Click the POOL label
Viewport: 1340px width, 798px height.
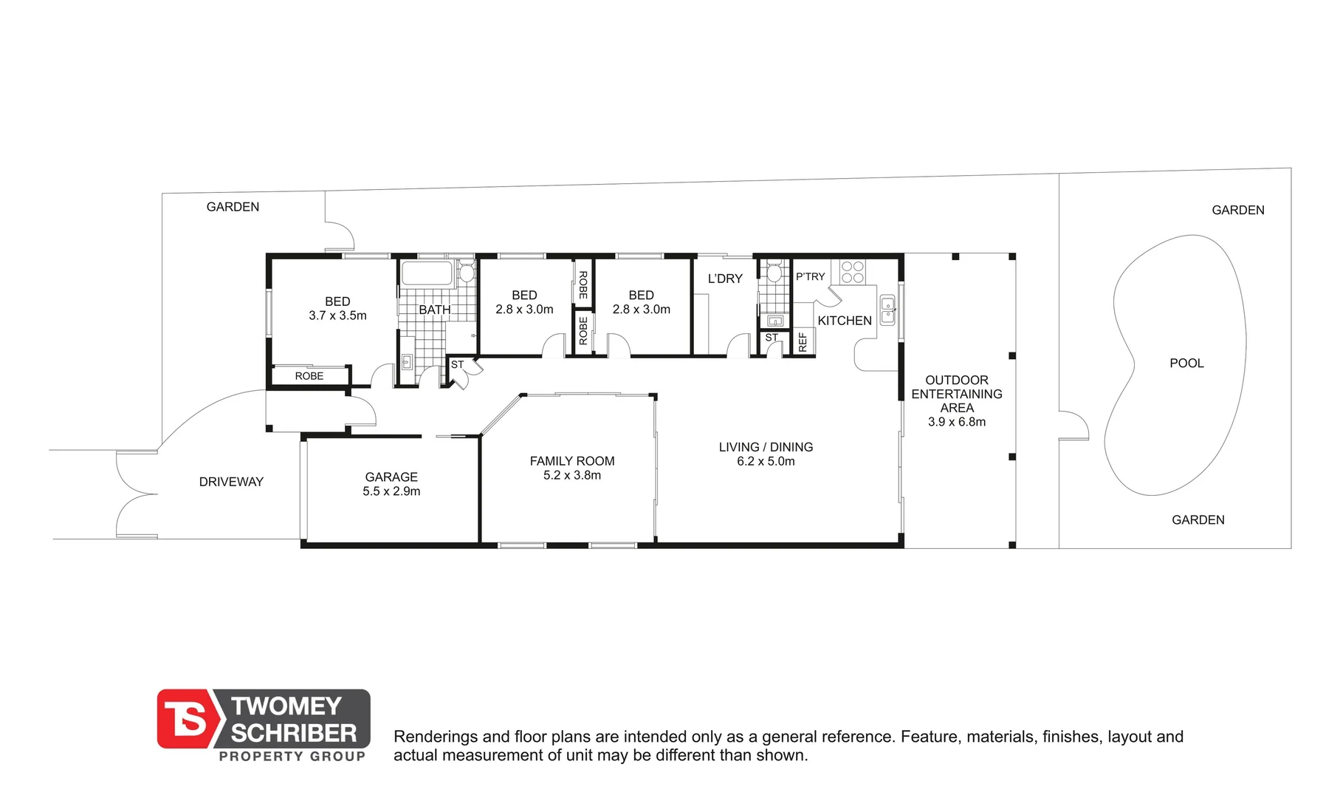(1186, 364)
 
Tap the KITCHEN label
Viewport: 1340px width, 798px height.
(844, 321)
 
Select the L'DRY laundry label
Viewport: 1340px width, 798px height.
(724, 279)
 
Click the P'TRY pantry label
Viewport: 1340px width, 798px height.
(810, 277)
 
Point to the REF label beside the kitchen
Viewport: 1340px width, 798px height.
(803, 342)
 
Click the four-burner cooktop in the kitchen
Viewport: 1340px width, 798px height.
(852, 272)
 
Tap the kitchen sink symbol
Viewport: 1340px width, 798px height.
(887, 310)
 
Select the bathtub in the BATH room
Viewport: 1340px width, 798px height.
(426, 273)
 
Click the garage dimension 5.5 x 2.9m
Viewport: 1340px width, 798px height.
(391, 491)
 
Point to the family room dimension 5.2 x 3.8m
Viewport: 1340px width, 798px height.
(571, 475)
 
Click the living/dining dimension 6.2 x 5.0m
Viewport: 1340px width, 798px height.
(766, 461)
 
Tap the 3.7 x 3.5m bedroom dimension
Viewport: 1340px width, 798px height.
(337, 316)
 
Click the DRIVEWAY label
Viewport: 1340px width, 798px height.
(231, 482)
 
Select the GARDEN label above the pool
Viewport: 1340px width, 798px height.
(1237, 211)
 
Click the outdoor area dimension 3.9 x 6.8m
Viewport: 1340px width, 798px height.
(956, 422)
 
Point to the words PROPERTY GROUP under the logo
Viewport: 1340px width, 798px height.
(292, 756)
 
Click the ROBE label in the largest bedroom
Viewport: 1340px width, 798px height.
(309, 376)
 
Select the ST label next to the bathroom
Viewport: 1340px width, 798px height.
(457, 365)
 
